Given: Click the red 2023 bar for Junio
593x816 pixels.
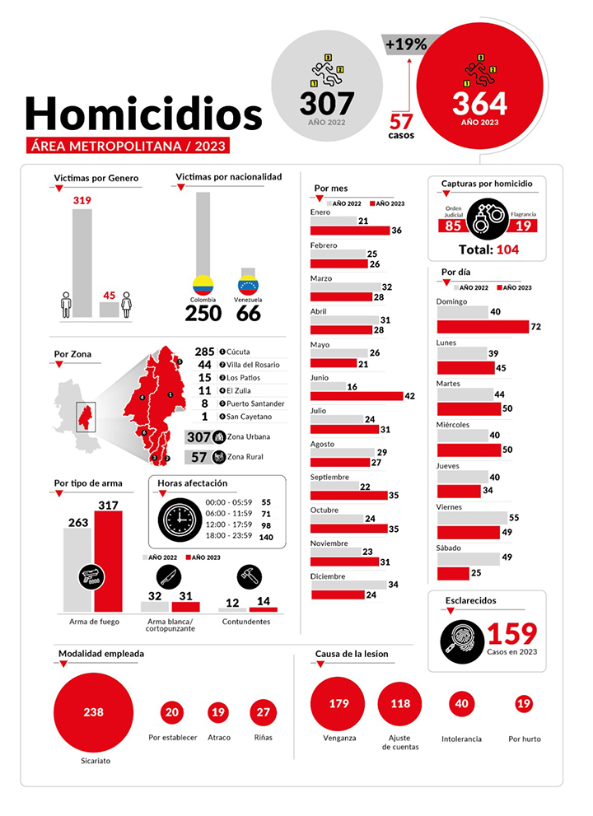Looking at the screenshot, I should point(357,396).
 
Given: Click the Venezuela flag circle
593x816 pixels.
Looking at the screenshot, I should point(248,284).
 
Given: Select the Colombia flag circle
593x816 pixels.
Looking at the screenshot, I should point(203,285).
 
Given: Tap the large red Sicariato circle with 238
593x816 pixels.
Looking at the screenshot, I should point(94,712).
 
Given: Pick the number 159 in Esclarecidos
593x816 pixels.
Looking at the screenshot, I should point(511,634).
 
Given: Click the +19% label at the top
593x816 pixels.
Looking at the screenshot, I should point(405,45).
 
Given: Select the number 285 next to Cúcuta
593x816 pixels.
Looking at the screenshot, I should point(204,352).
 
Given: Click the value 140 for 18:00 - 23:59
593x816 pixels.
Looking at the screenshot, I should point(266,537).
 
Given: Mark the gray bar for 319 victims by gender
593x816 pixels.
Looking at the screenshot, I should point(82,263).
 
